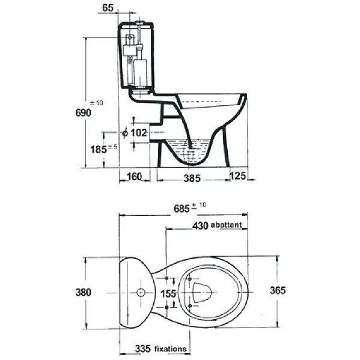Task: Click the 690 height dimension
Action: (84, 113)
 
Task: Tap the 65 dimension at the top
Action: (108, 8)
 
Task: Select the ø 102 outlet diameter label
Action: (134, 133)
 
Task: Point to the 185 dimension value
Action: (99, 150)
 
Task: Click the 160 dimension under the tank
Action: (134, 177)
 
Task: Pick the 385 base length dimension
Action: (192, 178)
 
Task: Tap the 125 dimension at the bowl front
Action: (238, 176)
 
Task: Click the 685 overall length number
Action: (182, 209)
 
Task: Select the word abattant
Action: (226, 225)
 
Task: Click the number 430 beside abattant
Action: (200, 226)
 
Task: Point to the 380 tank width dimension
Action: (84, 292)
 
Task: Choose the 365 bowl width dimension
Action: (278, 290)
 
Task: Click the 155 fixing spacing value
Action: (168, 294)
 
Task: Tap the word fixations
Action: (170, 349)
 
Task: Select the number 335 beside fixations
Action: (143, 349)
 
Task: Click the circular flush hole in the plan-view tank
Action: (141, 292)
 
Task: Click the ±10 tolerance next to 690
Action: (96, 103)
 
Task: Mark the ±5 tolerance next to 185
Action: (112, 147)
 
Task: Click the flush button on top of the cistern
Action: (139, 22)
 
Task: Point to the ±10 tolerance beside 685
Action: (199, 205)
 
